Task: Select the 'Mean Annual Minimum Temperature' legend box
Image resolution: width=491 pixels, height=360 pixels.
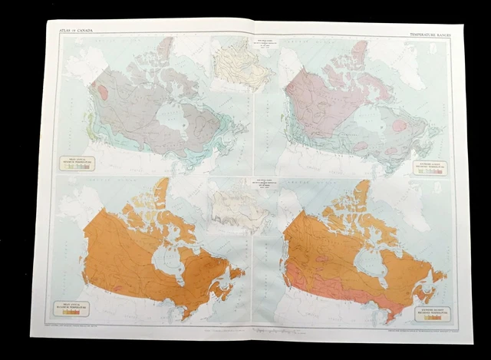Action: pyautogui.click(x=77, y=163)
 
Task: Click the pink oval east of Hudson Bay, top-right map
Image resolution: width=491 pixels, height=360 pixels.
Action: pyautogui.click(x=400, y=124)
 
